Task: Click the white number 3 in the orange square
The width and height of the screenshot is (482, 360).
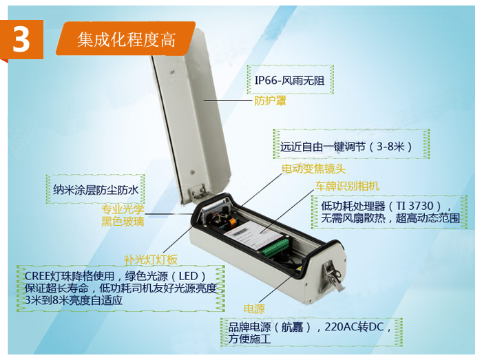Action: (21, 40)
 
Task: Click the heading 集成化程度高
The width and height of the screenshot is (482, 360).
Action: (126, 40)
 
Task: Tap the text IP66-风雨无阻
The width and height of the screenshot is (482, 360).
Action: (290, 81)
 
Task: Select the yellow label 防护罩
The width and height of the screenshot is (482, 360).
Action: (270, 100)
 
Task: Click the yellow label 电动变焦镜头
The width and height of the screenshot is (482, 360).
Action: (313, 169)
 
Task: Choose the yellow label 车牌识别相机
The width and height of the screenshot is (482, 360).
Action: (347, 186)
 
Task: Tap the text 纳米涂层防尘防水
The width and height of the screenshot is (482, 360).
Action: (96, 190)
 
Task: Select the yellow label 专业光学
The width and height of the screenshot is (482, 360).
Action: (123, 209)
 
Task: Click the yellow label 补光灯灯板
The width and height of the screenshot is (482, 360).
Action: (151, 260)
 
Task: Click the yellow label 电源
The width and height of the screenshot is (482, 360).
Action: (254, 309)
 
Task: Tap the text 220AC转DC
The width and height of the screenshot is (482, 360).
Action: (354, 326)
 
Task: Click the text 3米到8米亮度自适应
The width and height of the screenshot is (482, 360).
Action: (74, 300)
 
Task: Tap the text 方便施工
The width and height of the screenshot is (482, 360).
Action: (249, 339)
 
